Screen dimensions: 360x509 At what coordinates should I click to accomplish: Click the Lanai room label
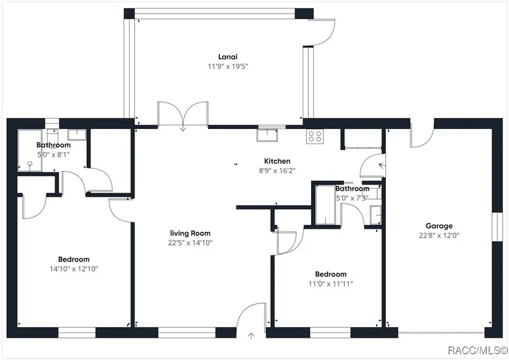pos(227,57)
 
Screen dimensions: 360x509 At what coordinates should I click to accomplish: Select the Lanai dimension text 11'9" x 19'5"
pos(227,66)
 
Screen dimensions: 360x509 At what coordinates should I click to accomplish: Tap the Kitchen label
pos(277,161)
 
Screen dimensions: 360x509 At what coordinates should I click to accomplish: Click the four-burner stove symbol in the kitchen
pos(314,136)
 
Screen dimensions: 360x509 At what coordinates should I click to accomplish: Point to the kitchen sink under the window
pos(266,135)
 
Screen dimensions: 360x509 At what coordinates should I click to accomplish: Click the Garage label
pos(439,226)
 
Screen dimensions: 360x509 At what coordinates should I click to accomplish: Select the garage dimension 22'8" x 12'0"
pos(439,235)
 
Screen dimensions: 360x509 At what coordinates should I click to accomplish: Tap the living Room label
pos(191,233)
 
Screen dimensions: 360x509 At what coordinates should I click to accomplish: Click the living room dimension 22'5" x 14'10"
pos(191,243)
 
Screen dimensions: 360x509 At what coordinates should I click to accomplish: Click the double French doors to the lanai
pos(183,115)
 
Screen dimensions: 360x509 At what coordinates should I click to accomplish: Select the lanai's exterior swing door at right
pos(321,34)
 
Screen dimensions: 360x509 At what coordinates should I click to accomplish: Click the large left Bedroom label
pos(74,259)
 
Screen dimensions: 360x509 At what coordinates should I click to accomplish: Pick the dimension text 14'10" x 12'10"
pos(74,269)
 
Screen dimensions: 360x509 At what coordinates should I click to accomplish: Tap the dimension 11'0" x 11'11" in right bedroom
pos(331,284)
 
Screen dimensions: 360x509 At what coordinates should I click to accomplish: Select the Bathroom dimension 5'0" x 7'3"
pos(352,198)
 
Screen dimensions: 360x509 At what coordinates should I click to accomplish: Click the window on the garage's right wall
pos(497,226)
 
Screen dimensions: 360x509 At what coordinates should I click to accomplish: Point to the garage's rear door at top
pos(422,134)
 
